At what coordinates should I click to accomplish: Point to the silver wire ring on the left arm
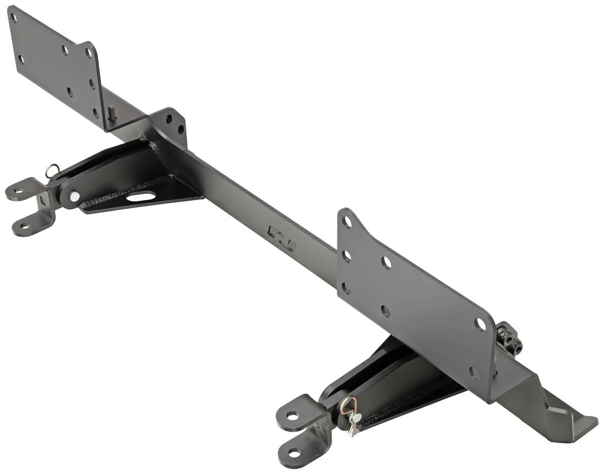pos(52,171)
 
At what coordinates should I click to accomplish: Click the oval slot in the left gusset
pos(140,197)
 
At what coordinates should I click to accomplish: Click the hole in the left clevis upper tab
pos(18,191)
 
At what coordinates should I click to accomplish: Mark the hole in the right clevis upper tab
pos(292,416)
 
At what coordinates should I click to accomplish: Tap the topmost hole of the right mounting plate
pos(347,221)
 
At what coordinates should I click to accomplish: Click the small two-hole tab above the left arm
pos(174,124)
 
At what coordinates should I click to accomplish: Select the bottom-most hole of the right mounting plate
pos(474,373)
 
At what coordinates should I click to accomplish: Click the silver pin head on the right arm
pos(356,418)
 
